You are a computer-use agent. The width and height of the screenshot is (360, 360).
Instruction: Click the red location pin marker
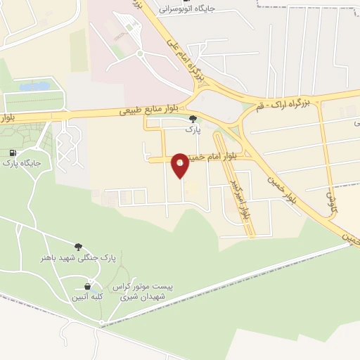pyautogui.click(x=181, y=165)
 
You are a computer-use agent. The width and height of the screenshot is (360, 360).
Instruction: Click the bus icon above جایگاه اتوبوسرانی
pyautogui.click(x=186, y=1)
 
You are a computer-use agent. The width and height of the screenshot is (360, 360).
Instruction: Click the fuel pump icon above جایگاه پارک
pyautogui.click(x=13, y=153)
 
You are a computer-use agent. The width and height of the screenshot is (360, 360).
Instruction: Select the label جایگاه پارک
pyautogui.click(x=22, y=164)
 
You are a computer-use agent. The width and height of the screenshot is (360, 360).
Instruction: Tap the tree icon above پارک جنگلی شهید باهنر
pyautogui.click(x=77, y=247)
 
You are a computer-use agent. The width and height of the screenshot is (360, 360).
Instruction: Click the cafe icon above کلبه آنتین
pyautogui.click(x=87, y=287)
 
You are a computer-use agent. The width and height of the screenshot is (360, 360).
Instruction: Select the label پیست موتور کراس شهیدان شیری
pyautogui.click(x=149, y=292)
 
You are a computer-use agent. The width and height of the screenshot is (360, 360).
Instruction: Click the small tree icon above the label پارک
pyautogui.click(x=193, y=120)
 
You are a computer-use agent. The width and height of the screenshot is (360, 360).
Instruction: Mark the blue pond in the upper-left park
pyautogui.click(x=34, y=86)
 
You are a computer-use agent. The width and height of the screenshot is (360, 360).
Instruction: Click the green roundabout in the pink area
pyautogui.click(x=140, y=53)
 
